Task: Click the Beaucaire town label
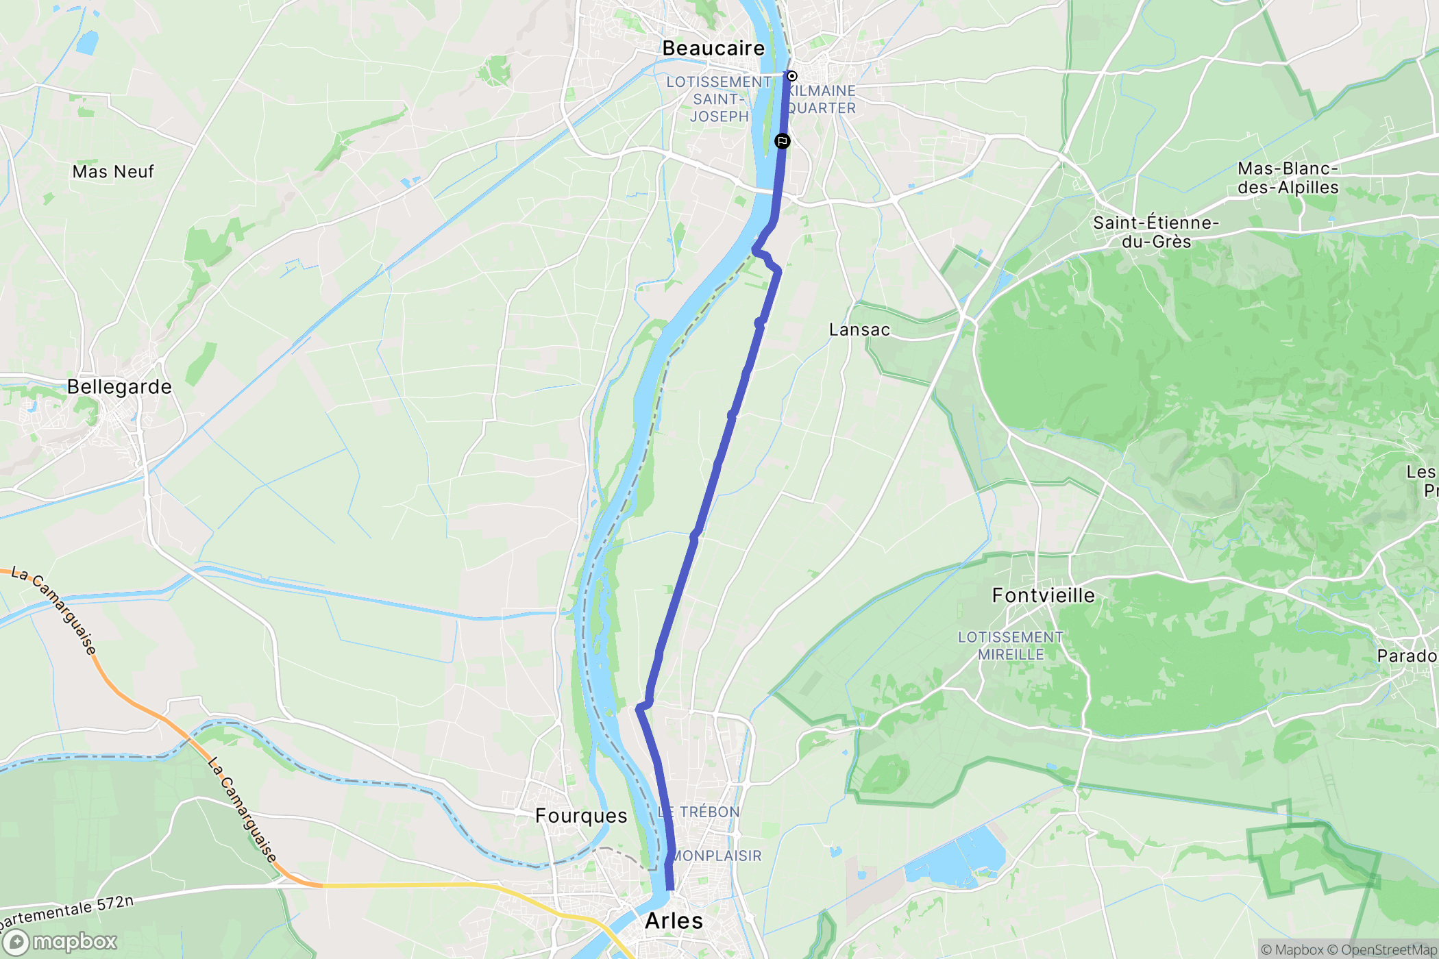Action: point(713,48)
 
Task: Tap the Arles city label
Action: point(674,921)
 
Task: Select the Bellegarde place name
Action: point(119,387)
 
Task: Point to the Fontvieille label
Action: point(1043,595)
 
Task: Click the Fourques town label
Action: point(581,816)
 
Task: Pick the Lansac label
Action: point(859,329)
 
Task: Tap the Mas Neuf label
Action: point(113,171)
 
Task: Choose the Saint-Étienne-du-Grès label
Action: point(1155,232)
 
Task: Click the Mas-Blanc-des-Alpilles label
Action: point(1288,178)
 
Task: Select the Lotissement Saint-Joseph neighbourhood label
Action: point(719,99)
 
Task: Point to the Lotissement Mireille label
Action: point(1010,646)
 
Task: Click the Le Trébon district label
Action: point(699,812)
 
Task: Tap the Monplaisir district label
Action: point(717,856)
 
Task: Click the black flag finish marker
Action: point(782,141)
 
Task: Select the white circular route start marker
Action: point(791,76)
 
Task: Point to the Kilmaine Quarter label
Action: point(821,99)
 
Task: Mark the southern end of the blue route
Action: point(669,888)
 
